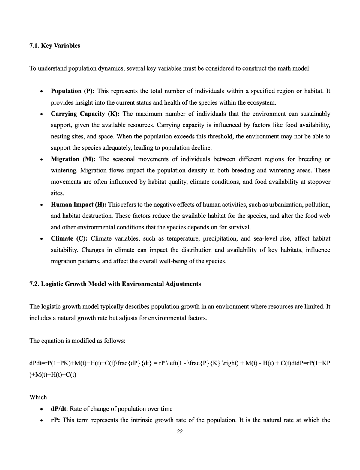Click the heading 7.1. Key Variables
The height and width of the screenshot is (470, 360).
[55, 46]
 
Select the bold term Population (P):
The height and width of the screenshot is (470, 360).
[73, 91]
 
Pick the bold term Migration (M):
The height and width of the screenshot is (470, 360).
[73, 159]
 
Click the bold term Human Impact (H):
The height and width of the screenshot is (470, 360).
[79, 205]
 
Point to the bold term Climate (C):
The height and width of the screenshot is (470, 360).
[69, 238]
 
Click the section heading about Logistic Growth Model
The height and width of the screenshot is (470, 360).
[115, 284]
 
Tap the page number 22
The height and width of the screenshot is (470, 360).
[180, 432]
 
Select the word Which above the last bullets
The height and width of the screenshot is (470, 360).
[38, 397]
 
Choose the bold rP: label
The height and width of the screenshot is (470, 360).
[56, 420]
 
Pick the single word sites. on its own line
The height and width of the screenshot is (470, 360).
[57, 193]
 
